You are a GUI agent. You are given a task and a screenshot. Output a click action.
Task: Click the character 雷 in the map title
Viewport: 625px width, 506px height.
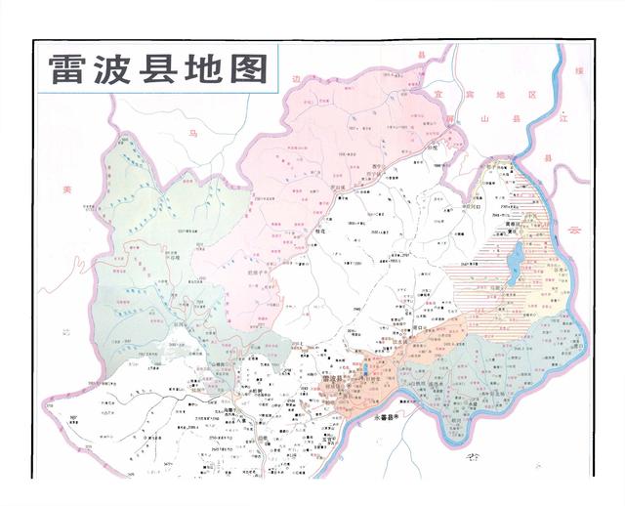pyautogui.click(x=68, y=69)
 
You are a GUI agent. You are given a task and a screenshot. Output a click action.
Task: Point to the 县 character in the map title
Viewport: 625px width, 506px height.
pyautogui.click(x=164, y=69)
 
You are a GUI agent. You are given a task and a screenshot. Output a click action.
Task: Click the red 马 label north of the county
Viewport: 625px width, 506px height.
pyautogui.click(x=193, y=131)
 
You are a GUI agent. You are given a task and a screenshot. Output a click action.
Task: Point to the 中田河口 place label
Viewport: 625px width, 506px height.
pyautogui.click(x=474, y=207)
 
